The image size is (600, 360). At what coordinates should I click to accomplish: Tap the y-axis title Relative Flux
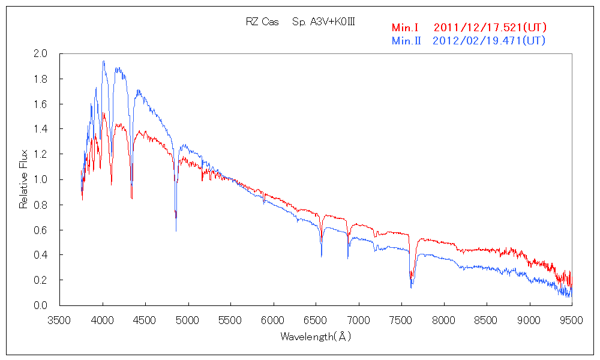(x=24, y=179)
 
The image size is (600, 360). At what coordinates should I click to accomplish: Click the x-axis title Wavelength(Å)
(x=316, y=337)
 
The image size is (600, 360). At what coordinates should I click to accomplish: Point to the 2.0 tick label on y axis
(x=40, y=54)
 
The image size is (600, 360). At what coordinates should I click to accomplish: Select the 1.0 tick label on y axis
(x=40, y=180)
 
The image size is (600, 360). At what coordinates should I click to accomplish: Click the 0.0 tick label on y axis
(x=40, y=305)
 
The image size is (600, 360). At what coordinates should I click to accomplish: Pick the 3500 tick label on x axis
(x=60, y=320)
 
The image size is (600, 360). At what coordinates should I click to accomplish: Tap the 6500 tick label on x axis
(x=316, y=320)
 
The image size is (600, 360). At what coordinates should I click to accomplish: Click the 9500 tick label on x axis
(x=571, y=320)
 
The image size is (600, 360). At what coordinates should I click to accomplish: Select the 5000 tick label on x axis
(x=188, y=320)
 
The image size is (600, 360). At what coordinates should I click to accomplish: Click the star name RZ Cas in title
(x=262, y=22)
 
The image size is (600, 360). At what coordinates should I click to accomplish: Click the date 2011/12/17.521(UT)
(x=490, y=28)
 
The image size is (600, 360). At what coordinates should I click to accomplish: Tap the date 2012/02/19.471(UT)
(x=489, y=41)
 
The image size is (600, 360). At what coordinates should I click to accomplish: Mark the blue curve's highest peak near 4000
(x=103, y=61)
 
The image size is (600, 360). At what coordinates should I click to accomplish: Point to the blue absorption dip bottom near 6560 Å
(x=322, y=256)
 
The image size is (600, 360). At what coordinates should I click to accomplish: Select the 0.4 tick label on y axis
(x=40, y=255)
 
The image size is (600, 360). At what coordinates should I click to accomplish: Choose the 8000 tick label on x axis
(x=443, y=320)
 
